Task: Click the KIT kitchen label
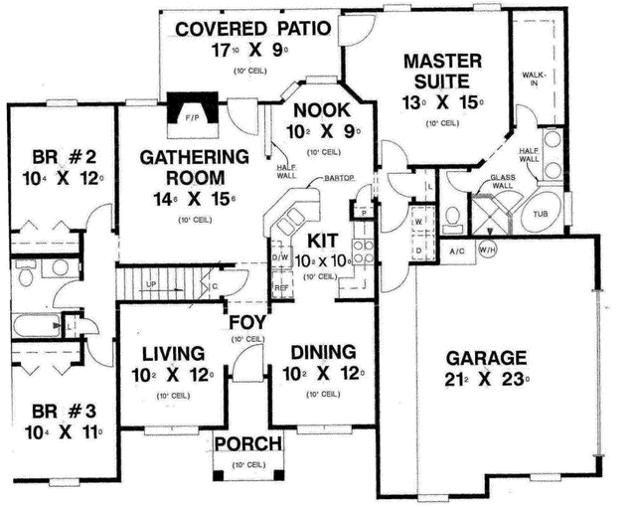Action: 324,240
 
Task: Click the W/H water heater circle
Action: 489,250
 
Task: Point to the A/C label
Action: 458,251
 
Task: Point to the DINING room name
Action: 323,353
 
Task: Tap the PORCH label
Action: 248,443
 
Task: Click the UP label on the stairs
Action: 151,283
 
